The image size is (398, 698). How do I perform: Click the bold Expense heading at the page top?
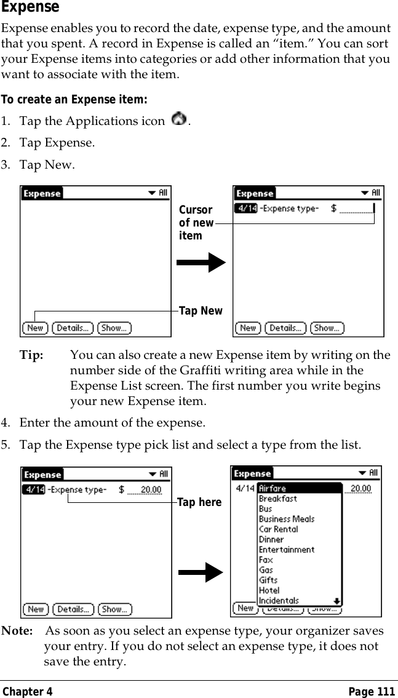click(30, 7)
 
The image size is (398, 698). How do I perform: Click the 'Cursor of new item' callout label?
click(196, 223)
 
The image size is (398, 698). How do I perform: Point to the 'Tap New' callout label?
click(200, 311)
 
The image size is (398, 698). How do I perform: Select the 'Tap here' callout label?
click(199, 503)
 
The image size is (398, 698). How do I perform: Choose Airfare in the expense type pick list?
click(273, 489)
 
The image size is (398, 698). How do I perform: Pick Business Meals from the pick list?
click(286, 519)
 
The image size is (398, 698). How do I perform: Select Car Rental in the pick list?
click(278, 529)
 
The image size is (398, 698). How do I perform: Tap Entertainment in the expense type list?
click(286, 550)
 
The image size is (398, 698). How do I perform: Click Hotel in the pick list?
click(269, 590)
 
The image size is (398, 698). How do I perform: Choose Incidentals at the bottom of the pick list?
click(279, 600)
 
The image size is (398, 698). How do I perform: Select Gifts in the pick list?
click(268, 580)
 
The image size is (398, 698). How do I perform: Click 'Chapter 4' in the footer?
click(27, 692)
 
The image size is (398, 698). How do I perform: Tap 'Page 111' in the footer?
click(372, 692)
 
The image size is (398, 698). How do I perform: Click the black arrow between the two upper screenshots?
click(201, 263)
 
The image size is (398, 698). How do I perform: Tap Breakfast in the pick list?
click(277, 499)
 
